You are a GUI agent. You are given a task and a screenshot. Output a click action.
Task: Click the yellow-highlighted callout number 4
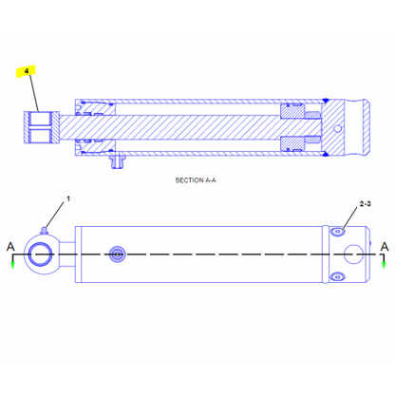(x=27, y=71)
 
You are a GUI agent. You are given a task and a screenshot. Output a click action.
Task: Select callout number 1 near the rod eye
(x=68, y=198)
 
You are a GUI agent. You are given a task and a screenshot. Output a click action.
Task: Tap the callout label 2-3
(x=365, y=204)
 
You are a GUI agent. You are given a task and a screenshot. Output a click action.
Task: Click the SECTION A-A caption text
(x=196, y=180)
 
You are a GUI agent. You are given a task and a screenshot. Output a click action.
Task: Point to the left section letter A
(x=10, y=247)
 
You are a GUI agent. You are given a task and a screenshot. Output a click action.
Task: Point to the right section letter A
(x=385, y=247)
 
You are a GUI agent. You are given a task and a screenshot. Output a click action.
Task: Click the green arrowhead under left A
(x=12, y=265)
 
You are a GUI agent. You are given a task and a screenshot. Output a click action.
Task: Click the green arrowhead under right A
(x=384, y=265)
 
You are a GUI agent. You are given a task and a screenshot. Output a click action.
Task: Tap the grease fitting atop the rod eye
(x=44, y=231)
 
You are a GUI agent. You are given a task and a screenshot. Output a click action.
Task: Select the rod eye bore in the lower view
(x=41, y=254)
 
